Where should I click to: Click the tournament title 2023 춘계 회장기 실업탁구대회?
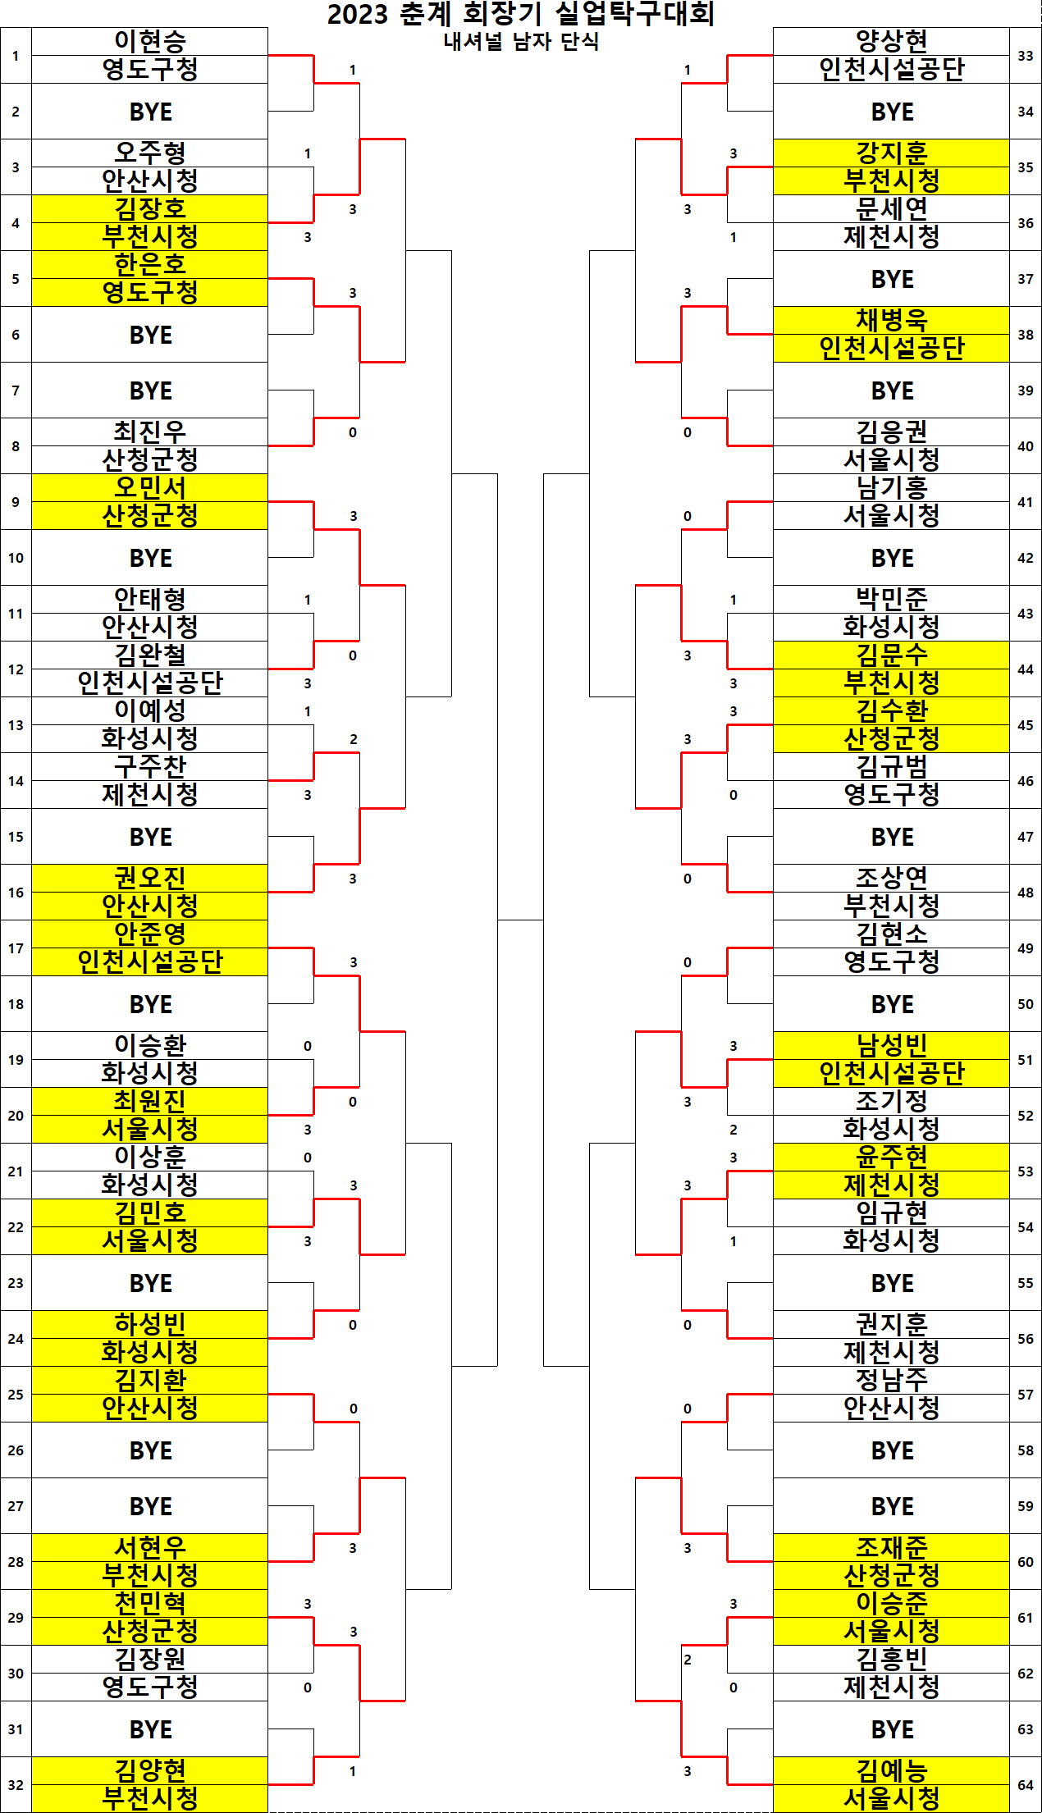pyautogui.click(x=520, y=14)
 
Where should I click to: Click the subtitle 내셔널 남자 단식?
pyautogui.click(x=521, y=41)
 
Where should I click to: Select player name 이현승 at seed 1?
pyautogui.click(x=150, y=42)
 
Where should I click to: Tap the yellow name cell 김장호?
pyautogui.click(x=150, y=208)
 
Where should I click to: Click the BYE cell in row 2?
pyautogui.click(x=150, y=112)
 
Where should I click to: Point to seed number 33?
pyautogui.click(x=1026, y=56)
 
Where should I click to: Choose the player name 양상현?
pyautogui.click(x=892, y=42)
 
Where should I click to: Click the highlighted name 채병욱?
pyautogui.click(x=892, y=320)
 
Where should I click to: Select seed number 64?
pyautogui.click(x=1026, y=1785)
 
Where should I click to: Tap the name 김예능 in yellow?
pyautogui.click(x=892, y=1770)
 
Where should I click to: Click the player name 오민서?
pyautogui.click(x=150, y=487)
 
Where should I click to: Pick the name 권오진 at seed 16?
pyautogui.click(x=150, y=878)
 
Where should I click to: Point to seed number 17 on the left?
pyautogui.click(x=16, y=948)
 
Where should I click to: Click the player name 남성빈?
pyautogui.click(x=892, y=1045)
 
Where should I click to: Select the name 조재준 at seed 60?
pyautogui.click(x=892, y=1547)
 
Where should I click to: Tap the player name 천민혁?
pyautogui.click(x=150, y=1603)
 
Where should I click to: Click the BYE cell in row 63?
pyautogui.click(x=892, y=1729)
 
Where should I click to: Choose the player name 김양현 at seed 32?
pyautogui.click(x=150, y=1770)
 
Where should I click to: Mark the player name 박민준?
pyautogui.click(x=892, y=599)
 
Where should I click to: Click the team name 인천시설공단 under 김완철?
pyautogui.click(x=150, y=683)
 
